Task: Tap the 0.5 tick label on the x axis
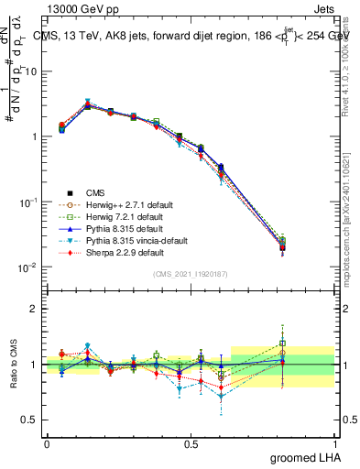pyautogui.click(x=191, y=443)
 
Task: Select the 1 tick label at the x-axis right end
pyautogui.click(x=334, y=443)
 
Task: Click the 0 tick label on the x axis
pyautogui.click(x=48, y=443)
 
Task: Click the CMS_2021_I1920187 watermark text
pyautogui.click(x=191, y=274)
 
